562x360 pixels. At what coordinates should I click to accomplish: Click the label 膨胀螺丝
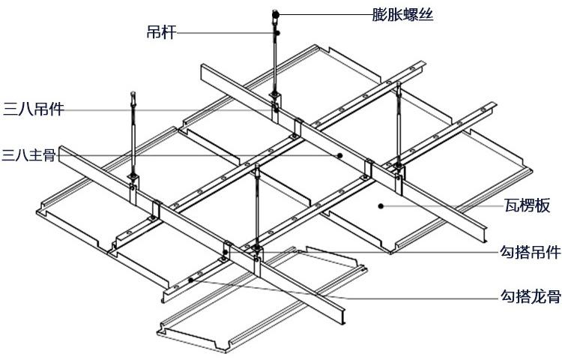[402, 13]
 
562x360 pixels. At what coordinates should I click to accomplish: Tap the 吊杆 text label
[160, 33]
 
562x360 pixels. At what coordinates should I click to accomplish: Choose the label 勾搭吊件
[530, 253]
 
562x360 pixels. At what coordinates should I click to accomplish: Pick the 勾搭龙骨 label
[530, 296]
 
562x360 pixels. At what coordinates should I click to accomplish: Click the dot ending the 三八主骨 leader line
[340, 156]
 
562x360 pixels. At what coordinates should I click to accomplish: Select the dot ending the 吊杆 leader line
[277, 33]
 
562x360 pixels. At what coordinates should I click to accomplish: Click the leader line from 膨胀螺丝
[322, 13]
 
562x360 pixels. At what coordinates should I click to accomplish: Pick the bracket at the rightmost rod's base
[397, 168]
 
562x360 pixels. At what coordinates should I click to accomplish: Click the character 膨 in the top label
[379, 13]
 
